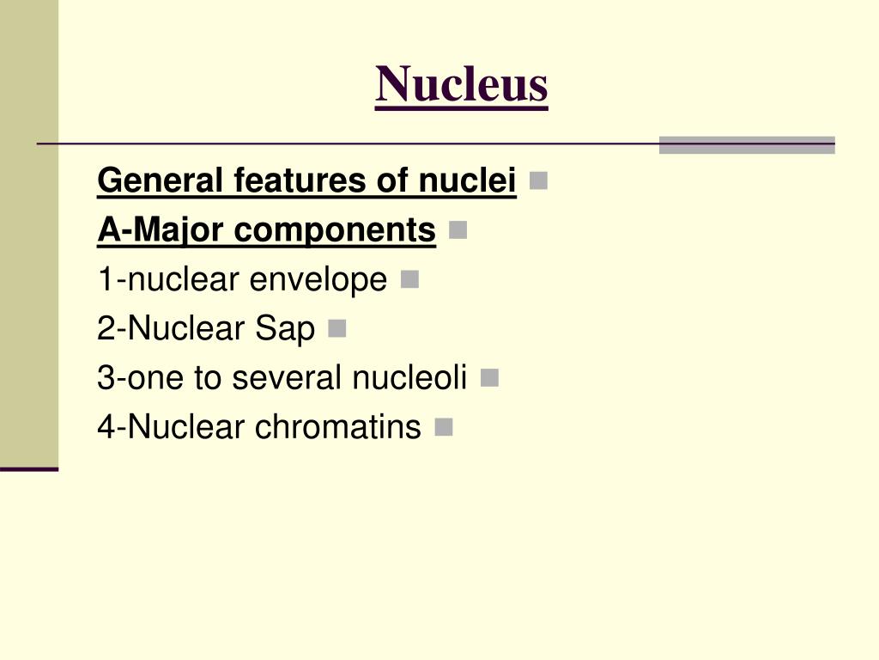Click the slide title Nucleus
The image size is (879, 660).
pos(461,84)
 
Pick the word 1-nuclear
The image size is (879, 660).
pos(169,280)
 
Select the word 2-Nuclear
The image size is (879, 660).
pos(171,329)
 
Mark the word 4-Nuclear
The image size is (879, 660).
pos(171,427)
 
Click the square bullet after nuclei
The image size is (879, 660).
pos(538,180)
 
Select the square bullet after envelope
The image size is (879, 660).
pos(409,279)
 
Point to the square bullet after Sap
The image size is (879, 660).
pos(336,328)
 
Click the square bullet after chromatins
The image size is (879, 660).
pos(443,426)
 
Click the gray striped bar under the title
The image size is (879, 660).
pos(747,144)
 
